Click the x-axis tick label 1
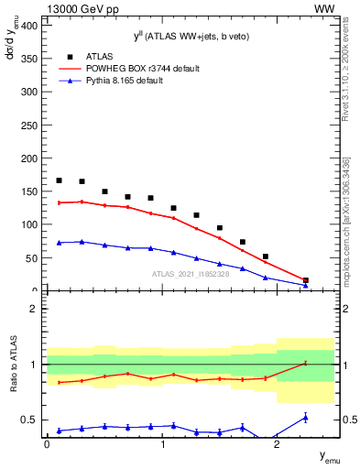click(162, 444)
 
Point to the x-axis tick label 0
click(47, 444)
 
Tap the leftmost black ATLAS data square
click(60, 180)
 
